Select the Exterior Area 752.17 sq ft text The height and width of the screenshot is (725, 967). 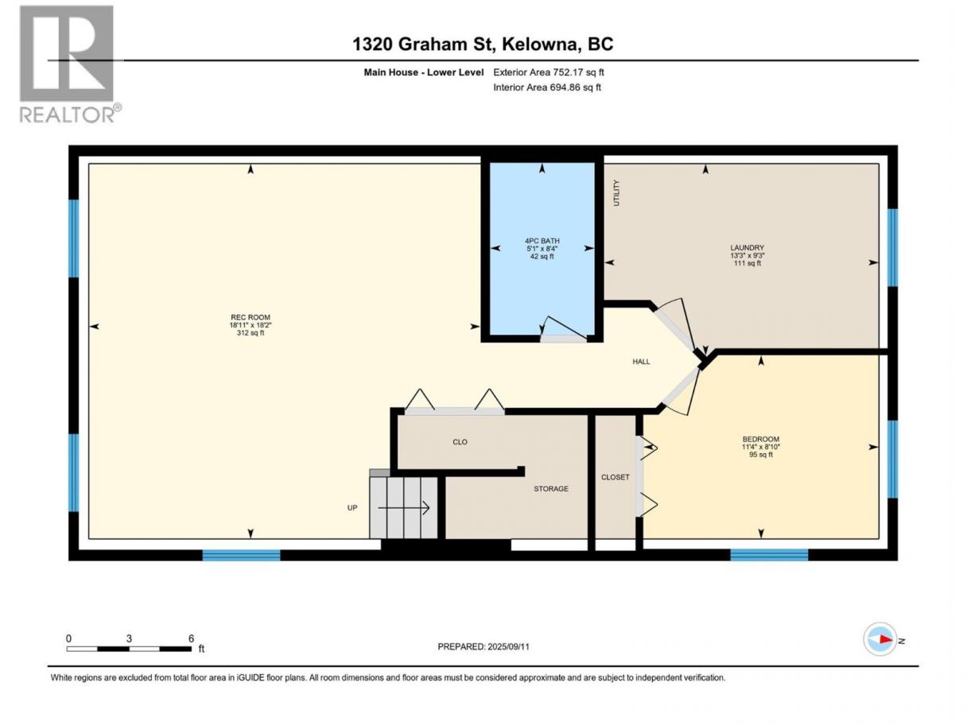[549, 72]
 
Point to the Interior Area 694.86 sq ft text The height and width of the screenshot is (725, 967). [546, 87]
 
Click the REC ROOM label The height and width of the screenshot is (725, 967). [250, 317]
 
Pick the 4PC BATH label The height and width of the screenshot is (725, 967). [542, 241]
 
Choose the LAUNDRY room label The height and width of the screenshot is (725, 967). [747, 248]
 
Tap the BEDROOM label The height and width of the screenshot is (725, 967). [761, 439]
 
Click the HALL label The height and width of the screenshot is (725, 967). [641, 362]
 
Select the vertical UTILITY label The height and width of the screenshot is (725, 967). [616, 193]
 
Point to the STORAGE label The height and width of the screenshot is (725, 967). [550, 489]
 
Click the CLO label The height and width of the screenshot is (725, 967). [460, 442]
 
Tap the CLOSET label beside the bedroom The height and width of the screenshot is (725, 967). [615, 477]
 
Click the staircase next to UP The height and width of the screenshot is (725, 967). [403, 506]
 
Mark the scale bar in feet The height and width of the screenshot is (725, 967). [129, 649]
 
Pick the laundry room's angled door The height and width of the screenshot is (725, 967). [678, 327]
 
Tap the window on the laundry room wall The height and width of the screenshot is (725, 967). [892, 247]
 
